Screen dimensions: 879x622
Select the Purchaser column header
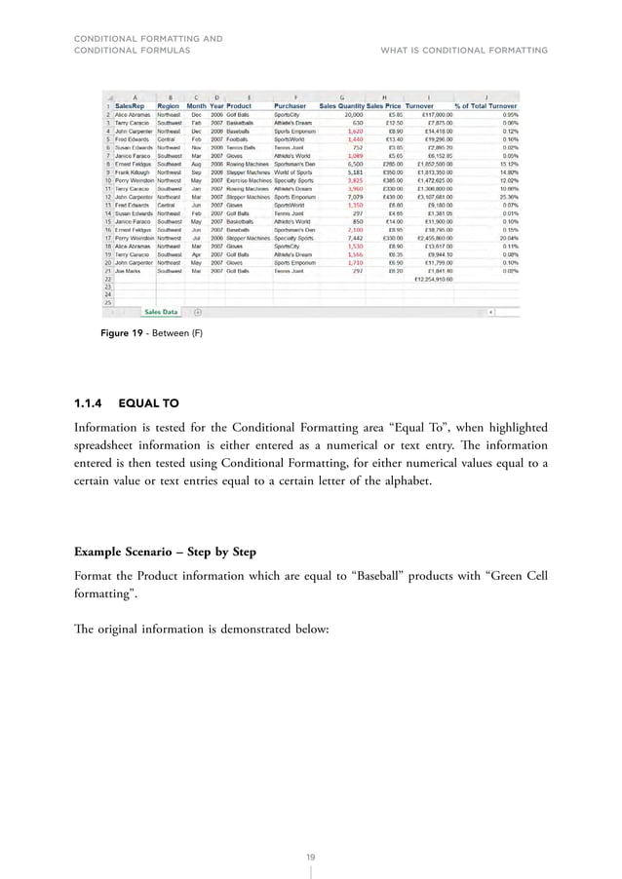point(292,105)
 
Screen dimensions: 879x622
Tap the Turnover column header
point(420,105)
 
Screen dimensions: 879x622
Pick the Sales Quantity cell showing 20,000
point(348,114)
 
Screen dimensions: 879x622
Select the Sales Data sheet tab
point(161,312)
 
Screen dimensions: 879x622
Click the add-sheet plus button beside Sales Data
point(198,312)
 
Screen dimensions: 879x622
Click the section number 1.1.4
point(90,401)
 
